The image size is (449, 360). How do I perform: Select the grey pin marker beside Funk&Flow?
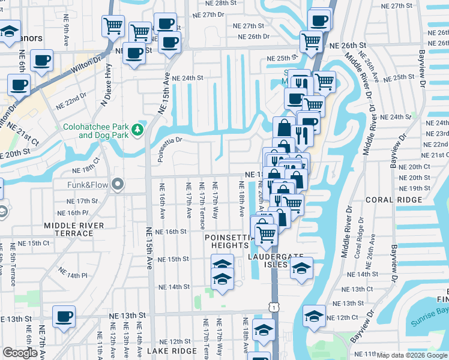point(118,184)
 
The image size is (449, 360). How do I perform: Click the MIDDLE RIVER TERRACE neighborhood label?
point(74,229)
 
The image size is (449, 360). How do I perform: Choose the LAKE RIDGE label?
point(172,351)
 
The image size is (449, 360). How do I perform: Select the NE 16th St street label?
point(172,232)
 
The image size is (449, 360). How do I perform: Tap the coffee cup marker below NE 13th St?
point(64,317)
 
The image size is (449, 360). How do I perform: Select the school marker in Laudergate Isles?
point(302,268)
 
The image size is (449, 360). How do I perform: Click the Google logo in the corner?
point(20,353)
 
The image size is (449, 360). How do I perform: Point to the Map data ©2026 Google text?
point(412,355)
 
